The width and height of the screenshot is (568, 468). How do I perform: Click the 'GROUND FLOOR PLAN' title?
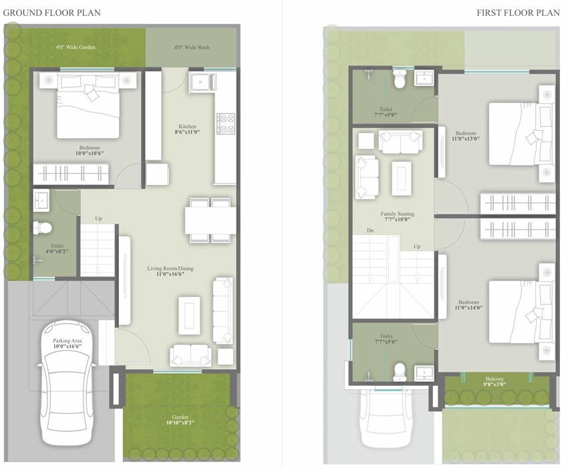52,13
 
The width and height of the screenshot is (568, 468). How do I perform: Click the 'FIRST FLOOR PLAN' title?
519,13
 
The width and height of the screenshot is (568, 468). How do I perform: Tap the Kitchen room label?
187,126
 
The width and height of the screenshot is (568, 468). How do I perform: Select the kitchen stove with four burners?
226,124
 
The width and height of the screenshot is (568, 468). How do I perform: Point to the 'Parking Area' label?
67,340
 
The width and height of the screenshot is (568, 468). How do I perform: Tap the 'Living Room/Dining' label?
170,268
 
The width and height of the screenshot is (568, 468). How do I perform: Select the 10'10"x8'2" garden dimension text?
180,423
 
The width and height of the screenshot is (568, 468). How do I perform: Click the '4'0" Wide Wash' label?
192,47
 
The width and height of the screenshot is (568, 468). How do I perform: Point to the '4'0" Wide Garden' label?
76,47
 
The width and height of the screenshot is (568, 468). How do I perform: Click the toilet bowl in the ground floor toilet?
42,228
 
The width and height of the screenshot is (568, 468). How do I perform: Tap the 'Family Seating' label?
398,214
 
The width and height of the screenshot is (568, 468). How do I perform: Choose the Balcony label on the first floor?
494,379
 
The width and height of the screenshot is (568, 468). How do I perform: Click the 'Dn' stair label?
370,230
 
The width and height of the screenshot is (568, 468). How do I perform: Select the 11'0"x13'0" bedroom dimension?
466,138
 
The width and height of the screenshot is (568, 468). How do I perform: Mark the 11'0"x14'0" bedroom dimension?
468,308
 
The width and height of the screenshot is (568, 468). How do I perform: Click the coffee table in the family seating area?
402,178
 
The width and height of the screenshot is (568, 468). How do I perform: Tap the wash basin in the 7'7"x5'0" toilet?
424,78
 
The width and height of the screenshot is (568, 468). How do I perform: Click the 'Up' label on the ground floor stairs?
98,218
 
